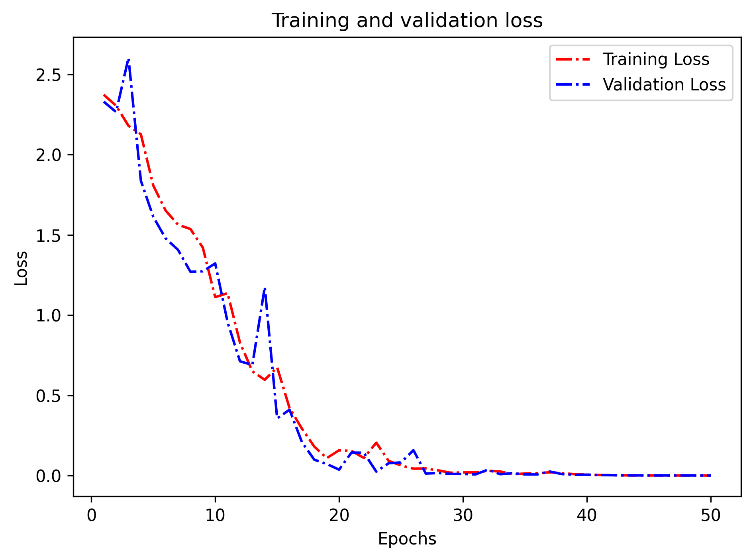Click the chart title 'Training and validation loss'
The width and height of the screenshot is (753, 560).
(407, 21)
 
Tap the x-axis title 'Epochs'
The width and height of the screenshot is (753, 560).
(407, 539)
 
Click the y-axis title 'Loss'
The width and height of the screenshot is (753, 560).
(21, 268)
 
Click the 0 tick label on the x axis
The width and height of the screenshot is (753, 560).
(92, 516)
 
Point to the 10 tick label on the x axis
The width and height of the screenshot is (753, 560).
(215, 516)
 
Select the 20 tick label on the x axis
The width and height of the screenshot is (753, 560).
(339, 516)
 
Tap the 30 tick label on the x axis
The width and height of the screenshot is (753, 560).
(463, 516)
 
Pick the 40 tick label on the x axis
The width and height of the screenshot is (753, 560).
(586, 516)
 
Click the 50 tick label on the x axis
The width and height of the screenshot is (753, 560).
(710, 516)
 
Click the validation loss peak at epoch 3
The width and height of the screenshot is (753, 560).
(129, 60)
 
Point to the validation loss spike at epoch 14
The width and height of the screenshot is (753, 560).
(265, 288)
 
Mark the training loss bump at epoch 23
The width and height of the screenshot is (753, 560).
(376, 443)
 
